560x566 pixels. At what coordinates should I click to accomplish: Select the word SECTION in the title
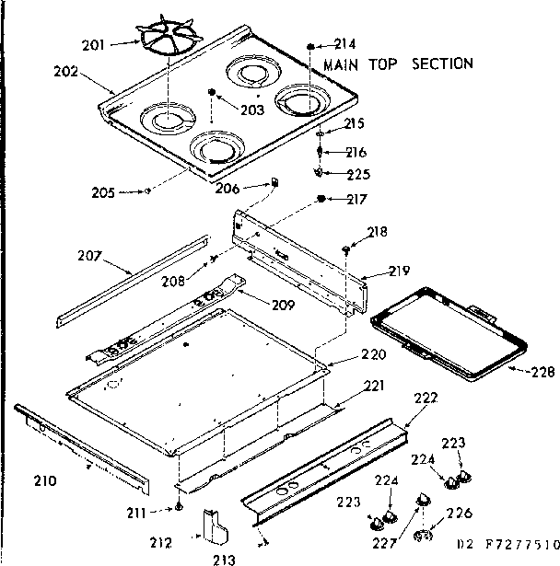tap(442, 64)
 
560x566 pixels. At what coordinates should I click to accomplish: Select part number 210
tap(45, 479)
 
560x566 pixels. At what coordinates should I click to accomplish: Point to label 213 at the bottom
tap(224, 558)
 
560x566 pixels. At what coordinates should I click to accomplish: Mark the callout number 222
tap(426, 397)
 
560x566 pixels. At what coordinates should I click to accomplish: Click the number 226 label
tap(459, 513)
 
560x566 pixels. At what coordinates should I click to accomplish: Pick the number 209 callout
tap(282, 306)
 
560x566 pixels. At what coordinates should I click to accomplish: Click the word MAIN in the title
tap(343, 64)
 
